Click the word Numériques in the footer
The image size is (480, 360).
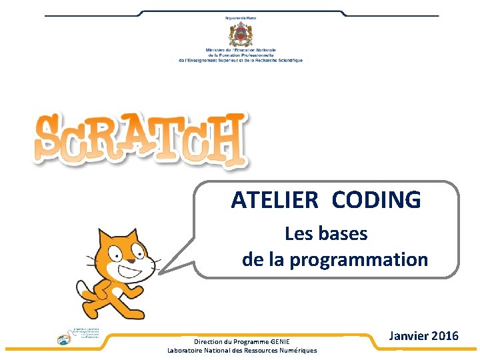click(x=294, y=351)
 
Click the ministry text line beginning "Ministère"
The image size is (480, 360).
click(x=241, y=50)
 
